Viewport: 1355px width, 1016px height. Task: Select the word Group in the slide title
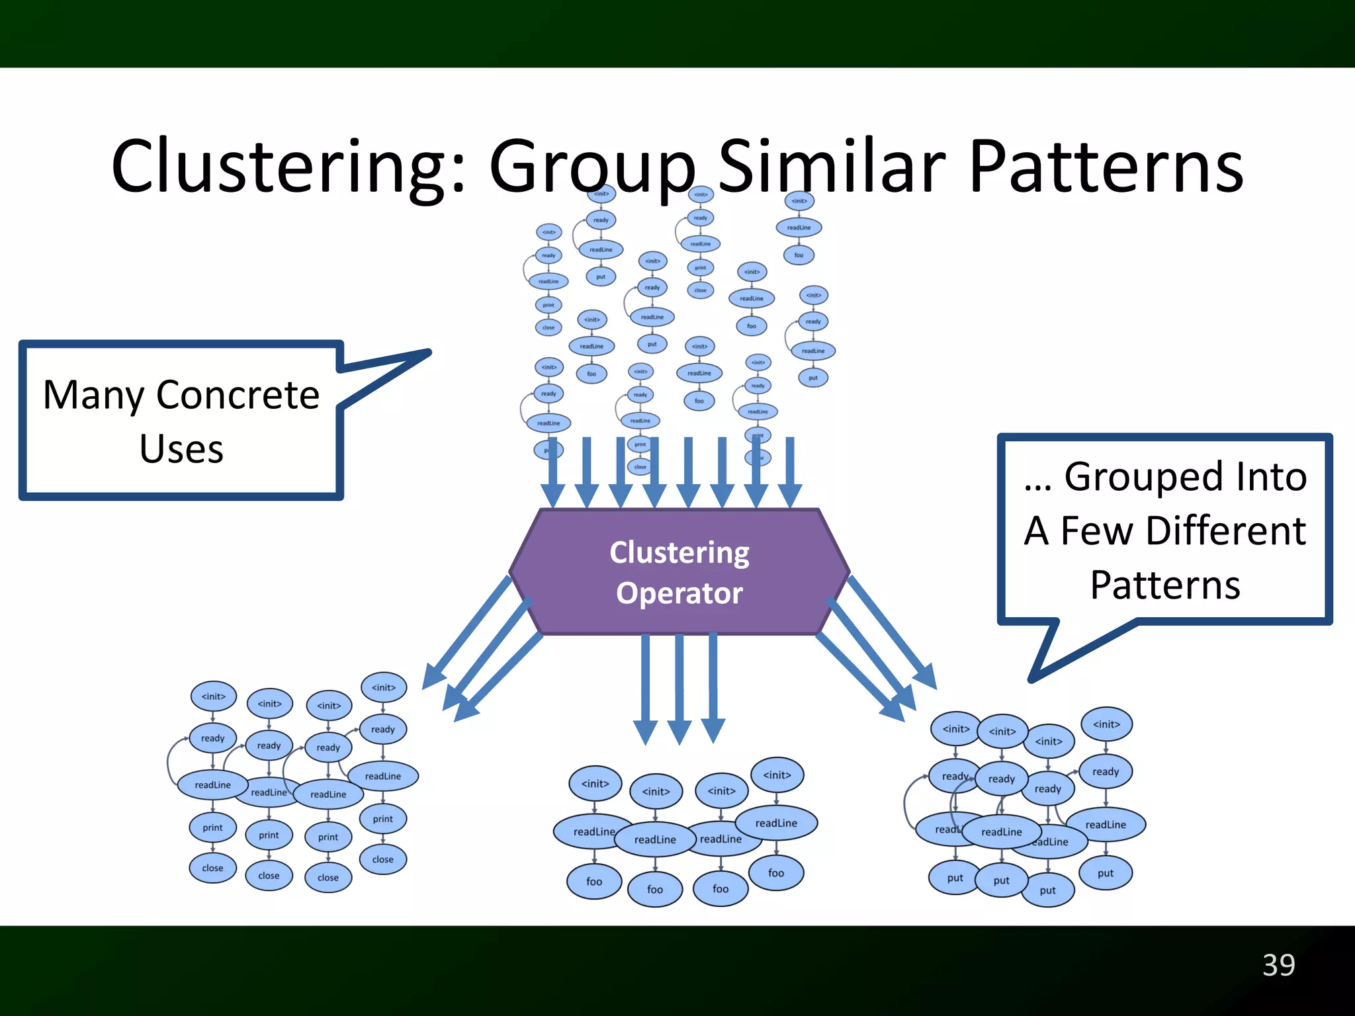coord(592,167)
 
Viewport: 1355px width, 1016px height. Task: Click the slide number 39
coord(1278,965)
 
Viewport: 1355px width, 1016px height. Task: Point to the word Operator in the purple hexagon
coord(679,593)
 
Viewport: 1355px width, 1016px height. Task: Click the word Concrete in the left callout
coord(238,395)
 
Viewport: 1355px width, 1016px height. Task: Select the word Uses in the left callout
coord(181,449)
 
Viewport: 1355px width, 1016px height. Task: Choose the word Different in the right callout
coord(1226,530)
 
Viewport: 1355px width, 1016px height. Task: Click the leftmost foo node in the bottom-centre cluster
coord(594,881)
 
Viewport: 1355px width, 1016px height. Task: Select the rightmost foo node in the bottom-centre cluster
coord(776,873)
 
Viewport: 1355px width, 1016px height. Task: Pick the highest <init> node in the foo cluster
coord(777,775)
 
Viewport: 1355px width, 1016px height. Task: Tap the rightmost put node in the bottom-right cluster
coord(1106,873)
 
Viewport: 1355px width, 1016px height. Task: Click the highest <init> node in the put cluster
coord(1106,724)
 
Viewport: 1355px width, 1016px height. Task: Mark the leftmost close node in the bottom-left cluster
coord(212,868)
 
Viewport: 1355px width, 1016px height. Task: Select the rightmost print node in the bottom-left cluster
coord(382,819)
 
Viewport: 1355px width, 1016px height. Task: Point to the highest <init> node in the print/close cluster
coord(383,687)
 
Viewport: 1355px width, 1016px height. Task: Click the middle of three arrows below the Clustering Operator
coord(679,688)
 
